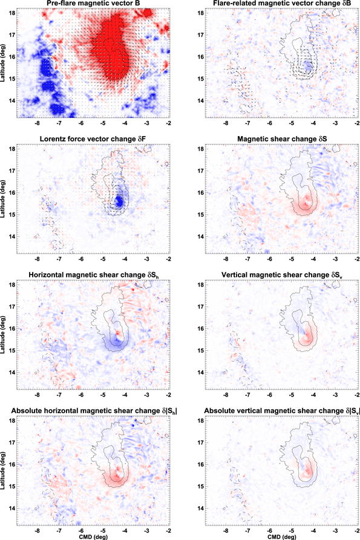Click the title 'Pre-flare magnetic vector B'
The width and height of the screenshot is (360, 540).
coord(94,5)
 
